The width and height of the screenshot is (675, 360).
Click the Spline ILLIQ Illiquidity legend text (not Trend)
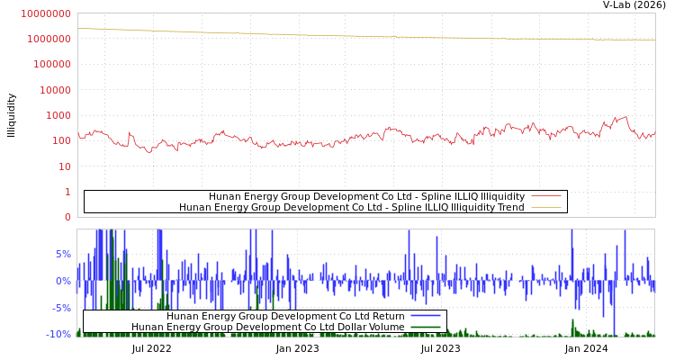coord(366,196)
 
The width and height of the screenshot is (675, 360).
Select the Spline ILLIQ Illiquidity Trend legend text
coord(352,207)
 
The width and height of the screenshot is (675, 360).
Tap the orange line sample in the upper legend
coord(545,207)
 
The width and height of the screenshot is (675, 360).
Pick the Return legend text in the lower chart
coord(285,316)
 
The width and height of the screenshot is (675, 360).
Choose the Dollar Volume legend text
coord(268,327)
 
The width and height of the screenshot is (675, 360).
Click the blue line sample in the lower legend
coord(426,316)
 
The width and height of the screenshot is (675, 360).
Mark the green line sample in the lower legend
coord(426,327)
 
